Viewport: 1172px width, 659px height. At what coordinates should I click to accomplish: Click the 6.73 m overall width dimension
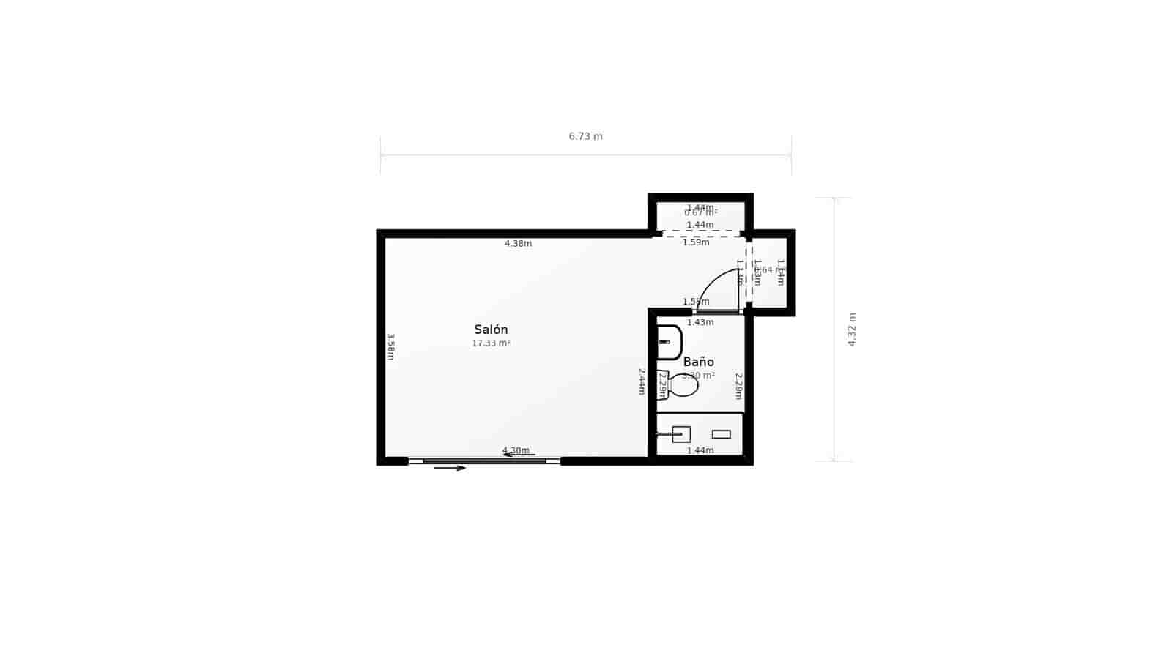[x=585, y=136]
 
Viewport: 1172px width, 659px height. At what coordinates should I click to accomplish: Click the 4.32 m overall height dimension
[x=852, y=329]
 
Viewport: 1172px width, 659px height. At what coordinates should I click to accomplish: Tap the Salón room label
[x=491, y=329]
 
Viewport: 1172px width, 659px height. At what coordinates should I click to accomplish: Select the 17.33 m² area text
[x=491, y=343]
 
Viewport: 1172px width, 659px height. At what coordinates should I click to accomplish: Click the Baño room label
[x=698, y=362]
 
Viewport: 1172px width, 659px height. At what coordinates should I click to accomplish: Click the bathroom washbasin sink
[x=669, y=342]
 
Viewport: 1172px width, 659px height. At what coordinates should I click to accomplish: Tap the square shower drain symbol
[x=681, y=434]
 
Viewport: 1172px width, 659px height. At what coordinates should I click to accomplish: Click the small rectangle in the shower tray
[x=721, y=434]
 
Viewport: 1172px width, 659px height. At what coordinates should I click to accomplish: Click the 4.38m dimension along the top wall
[x=518, y=244]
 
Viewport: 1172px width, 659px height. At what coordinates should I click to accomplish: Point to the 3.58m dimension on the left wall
[x=390, y=346]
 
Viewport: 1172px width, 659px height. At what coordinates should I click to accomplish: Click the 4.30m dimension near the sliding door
[x=516, y=450]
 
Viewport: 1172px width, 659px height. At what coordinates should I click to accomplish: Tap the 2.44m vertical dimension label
[x=641, y=381]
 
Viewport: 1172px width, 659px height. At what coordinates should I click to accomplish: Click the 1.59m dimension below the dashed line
[x=696, y=242]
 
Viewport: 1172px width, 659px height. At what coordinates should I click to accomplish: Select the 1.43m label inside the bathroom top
[x=700, y=322]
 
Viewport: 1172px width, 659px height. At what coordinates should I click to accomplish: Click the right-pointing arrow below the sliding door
[x=450, y=468]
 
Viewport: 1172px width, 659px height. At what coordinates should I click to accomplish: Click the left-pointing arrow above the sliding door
[x=519, y=455]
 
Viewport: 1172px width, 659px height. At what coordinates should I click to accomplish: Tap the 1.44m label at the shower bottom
[x=700, y=450]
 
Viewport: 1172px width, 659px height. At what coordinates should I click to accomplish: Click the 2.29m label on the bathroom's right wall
[x=739, y=386]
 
